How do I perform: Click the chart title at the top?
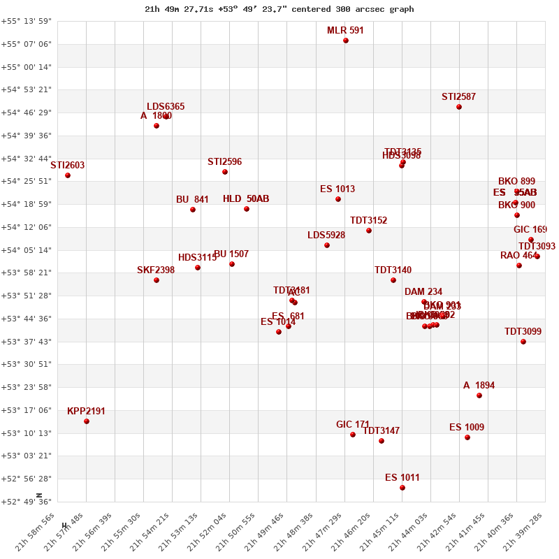click(279, 9)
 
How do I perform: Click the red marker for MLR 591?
click(346, 41)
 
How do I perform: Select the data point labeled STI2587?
click(459, 107)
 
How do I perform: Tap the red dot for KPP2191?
click(87, 421)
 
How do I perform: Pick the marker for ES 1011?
click(402, 488)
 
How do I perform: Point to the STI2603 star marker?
click(68, 175)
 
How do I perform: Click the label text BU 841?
click(192, 199)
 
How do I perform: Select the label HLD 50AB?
click(246, 198)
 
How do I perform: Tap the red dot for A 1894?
click(479, 395)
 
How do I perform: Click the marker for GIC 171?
click(353, 435)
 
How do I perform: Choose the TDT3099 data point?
click(523, 342)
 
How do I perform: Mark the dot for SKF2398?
click(157, 280)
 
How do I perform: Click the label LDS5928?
click(326, 235)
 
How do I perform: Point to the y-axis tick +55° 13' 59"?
click(27, 21)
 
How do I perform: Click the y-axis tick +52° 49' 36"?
click(27, 502)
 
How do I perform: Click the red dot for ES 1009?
click(467, 437)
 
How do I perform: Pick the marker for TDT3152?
click(369, 231)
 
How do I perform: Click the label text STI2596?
click(224, 161)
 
